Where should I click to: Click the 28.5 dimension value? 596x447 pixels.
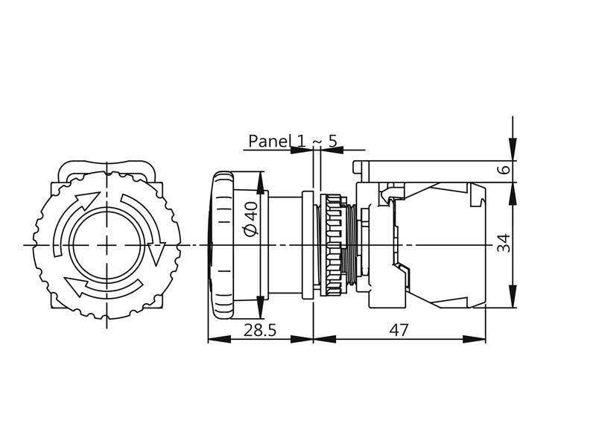coord(259,330)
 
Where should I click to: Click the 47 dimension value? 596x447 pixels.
coord(399,330)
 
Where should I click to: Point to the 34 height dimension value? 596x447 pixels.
coord(504,244)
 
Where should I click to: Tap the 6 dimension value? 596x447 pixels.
coord(505,168)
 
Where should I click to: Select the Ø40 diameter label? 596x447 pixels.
coord(251,218)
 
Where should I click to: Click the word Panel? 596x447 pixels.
coord(270,141)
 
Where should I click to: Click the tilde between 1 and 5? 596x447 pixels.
coord(317,142)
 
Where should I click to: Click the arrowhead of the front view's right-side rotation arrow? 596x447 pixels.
coord(156,253)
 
